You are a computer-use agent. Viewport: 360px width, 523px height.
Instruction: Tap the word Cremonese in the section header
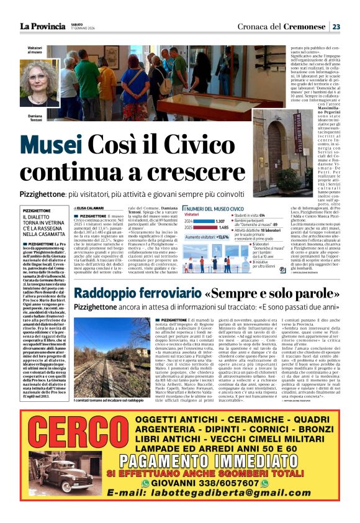pyautogui.click(x=305, y=27)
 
